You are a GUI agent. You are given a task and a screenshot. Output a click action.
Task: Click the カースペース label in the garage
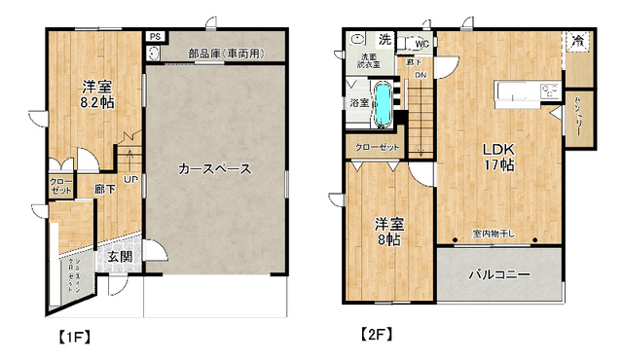(214, 168)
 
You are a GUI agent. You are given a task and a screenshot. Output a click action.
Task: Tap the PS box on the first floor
(154, 38)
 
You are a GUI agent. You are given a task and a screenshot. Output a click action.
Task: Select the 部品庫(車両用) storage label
(224, 53)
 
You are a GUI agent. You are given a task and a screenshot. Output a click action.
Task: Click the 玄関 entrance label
(120, 257)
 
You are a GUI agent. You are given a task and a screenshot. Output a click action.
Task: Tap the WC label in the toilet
(421, 45)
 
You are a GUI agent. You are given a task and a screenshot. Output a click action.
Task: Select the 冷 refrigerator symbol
(578, 41)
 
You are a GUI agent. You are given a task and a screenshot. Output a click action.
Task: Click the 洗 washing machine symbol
(384, 40)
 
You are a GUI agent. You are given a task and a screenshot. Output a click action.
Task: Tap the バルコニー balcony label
(499, 274)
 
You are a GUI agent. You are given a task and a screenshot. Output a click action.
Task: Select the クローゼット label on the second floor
(377, 147)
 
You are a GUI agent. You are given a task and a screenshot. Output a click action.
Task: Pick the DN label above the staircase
(421, 75)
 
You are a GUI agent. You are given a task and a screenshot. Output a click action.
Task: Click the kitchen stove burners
(549, 92)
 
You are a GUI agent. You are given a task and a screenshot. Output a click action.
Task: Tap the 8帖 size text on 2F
(389, 238)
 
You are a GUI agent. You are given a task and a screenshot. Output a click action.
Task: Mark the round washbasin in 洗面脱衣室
(357, 40)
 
